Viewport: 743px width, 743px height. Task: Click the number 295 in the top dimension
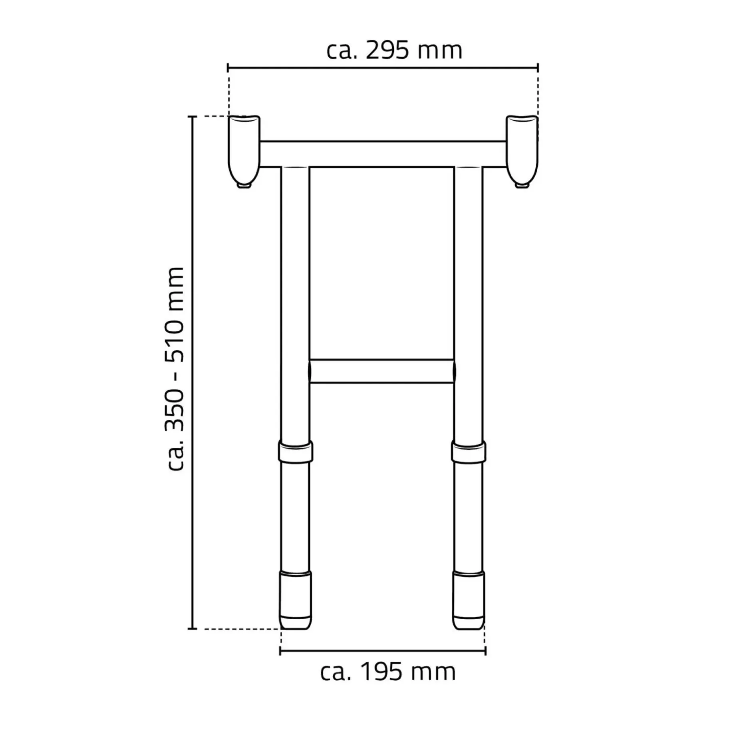pyautogui.click(x=387, y=51)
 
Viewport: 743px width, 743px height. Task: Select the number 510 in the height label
pyautogui.click(x=175, y=334)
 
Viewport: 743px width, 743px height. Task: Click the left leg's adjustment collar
pyautogui.click(x=296, y=452)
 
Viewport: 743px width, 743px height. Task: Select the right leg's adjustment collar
pyautogui.click(x=469, y=452)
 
